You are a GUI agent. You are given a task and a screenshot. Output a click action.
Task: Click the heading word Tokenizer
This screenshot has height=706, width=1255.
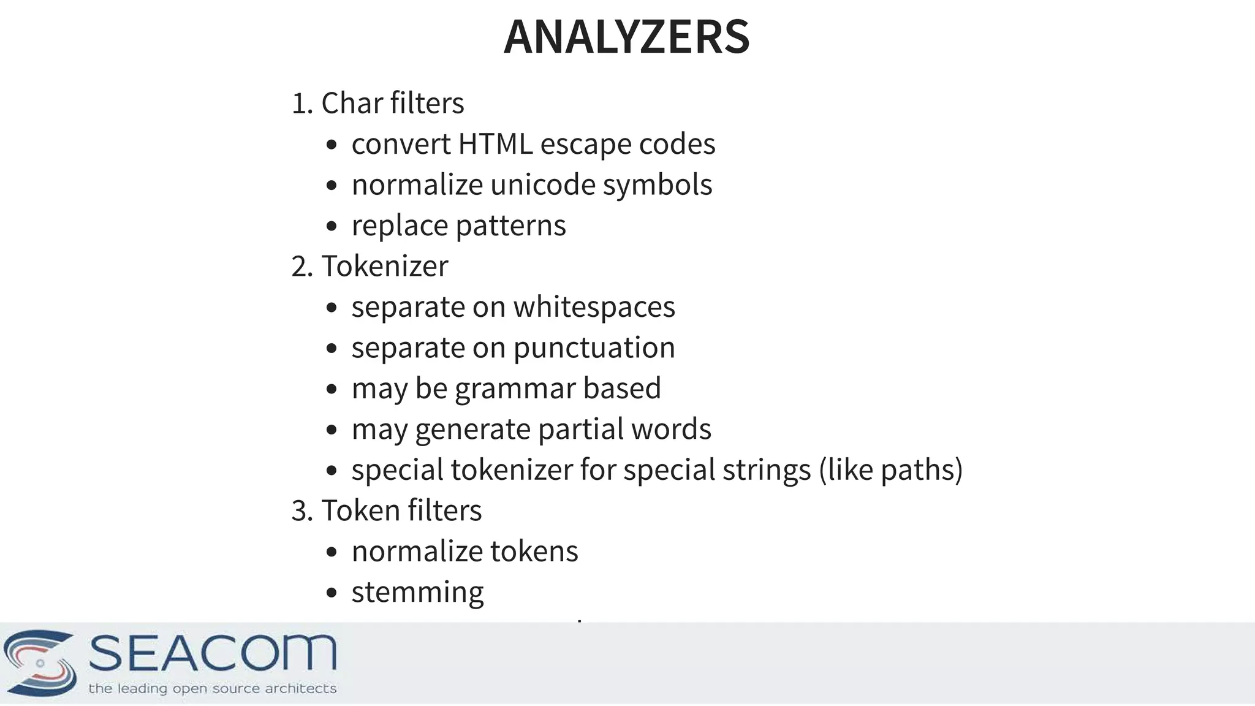pyautogui.click(x=385, y=267)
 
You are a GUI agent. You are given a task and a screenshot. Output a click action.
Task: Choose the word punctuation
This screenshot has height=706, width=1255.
pyautogui.click(x=594, y=348)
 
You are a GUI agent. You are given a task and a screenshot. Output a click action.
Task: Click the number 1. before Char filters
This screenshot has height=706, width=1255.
pyautogui.click(x=302, y=104)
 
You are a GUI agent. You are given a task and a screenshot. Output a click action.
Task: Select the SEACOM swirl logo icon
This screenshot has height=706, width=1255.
pyautogui.click(x=40, y=662)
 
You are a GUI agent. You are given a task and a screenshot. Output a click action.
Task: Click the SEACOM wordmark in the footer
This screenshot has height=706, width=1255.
pyautogui.click(x=213, y=653)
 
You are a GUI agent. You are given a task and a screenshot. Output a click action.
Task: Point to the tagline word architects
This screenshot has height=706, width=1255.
pyautogui.click(x=300, y=689)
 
